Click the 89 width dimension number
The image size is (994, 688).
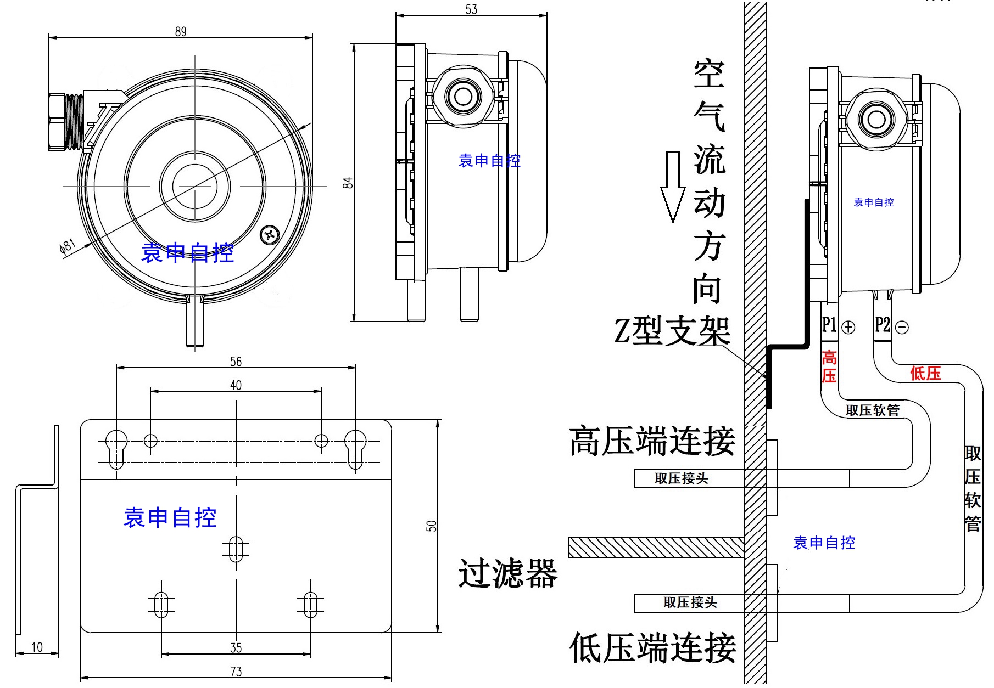(x=181, y=32)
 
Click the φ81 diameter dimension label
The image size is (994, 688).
(x=67, y=247)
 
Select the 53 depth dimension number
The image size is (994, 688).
(x=471, y=9)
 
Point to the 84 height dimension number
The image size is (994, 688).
(x=348, y=183)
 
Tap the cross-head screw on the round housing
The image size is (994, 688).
(x=269, y=235)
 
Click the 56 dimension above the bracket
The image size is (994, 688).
(x=236, y=362)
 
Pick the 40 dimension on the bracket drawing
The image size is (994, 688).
(x=236, y=385)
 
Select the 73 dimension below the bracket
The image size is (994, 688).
(x=236, y=672)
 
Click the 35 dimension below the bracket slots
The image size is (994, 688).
(x=236, y=648)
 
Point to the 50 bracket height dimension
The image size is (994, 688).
(x=432, y=526)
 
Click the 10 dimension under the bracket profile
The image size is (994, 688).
(x=37, y=647)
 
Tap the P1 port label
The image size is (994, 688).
(x=829, y=325)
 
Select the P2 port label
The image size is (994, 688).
(x=882, y=325)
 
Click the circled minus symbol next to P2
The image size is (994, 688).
(x=902, y=328)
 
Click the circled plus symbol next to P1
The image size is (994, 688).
(x=848, y=328)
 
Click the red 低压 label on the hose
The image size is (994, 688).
(x=925, y=374)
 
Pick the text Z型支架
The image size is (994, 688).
(x=672, y=331)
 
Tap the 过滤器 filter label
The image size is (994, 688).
(x=508, y=574)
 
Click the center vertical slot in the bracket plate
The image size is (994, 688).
(x=236, y=549)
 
